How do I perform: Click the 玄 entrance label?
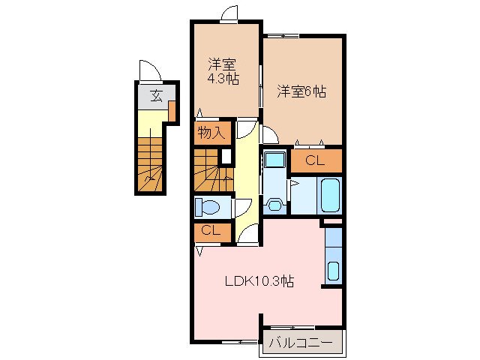click(x=156, y=95)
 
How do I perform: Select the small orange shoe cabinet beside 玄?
click(x=172, y=111)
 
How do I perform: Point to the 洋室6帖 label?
click(x=301, y=91)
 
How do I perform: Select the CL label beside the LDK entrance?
click(x=210, y=231)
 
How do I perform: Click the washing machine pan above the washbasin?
click(x=273, y=160)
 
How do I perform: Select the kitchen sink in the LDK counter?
click(x=333, y=270)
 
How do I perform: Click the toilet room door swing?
click(x=241, y=208)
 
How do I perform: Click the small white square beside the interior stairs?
click(x=225, y=157)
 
